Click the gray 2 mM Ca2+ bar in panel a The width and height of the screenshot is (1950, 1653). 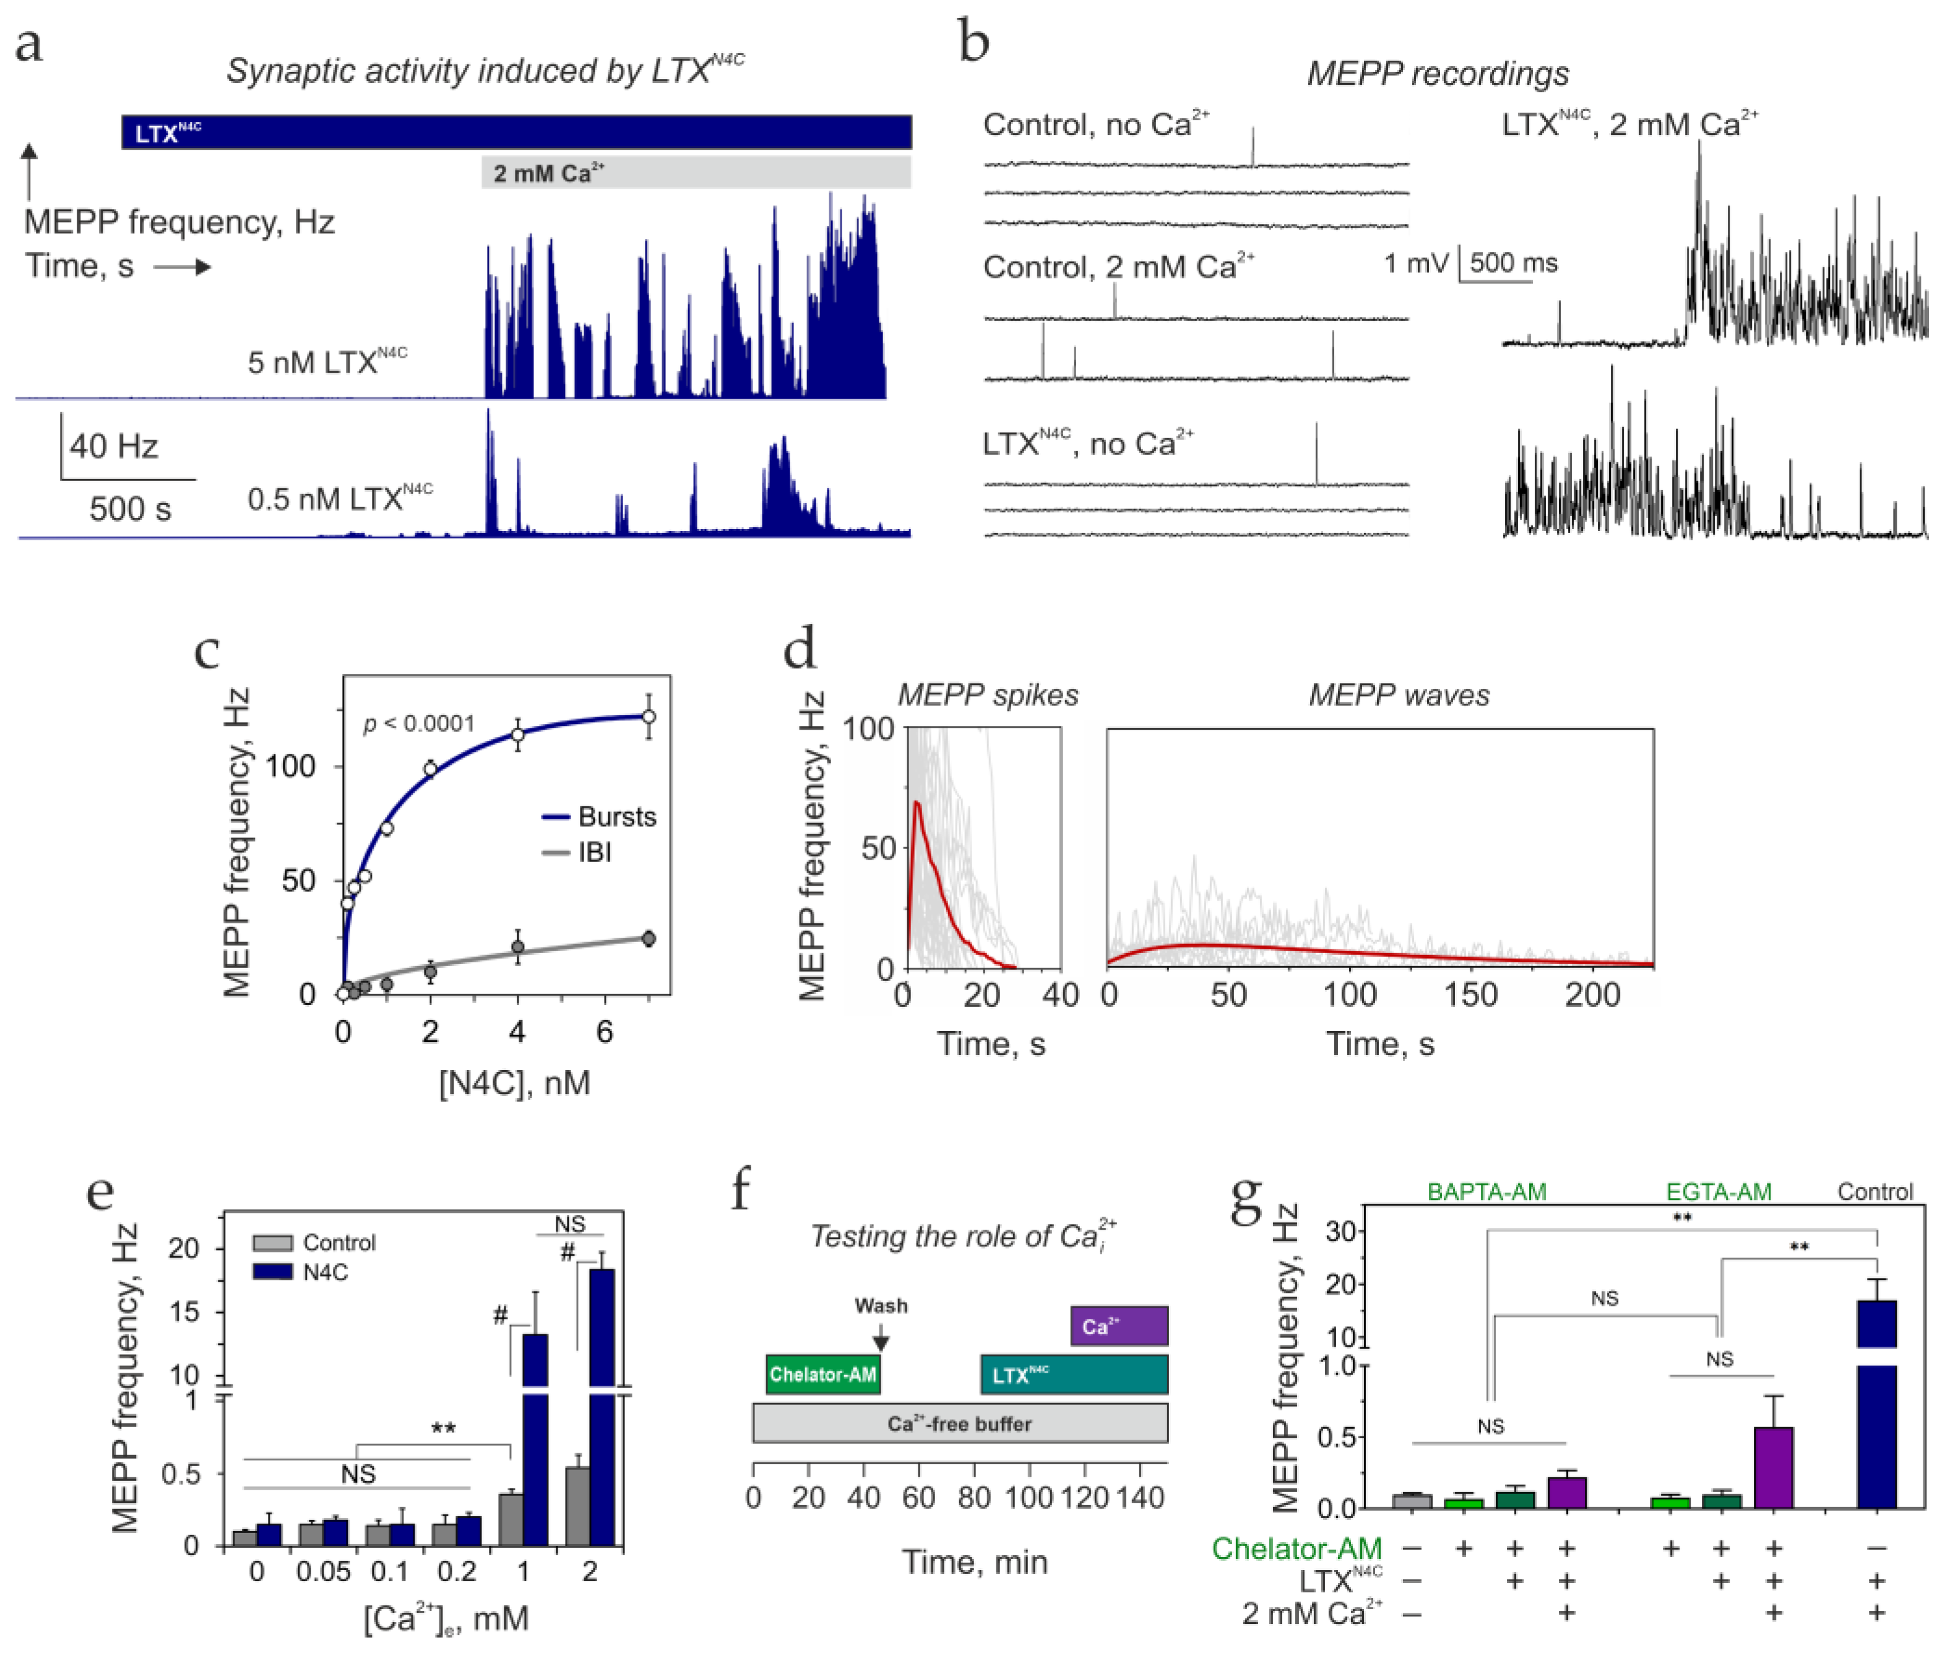point(696,173)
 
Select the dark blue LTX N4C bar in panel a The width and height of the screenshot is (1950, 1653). point(516,132)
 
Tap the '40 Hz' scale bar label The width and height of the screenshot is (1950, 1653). point(113,446)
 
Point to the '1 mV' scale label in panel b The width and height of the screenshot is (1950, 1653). point(1416,263)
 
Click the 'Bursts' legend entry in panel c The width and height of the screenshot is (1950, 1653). point(600,816)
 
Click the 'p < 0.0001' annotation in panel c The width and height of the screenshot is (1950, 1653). point(419,723)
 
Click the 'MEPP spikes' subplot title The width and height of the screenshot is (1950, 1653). point(988,696)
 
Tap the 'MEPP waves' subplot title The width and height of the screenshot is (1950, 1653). point(1399,696)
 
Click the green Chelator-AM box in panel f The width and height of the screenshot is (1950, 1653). point(822,1375)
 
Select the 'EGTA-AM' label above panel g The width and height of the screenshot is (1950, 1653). point(1719,1192)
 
